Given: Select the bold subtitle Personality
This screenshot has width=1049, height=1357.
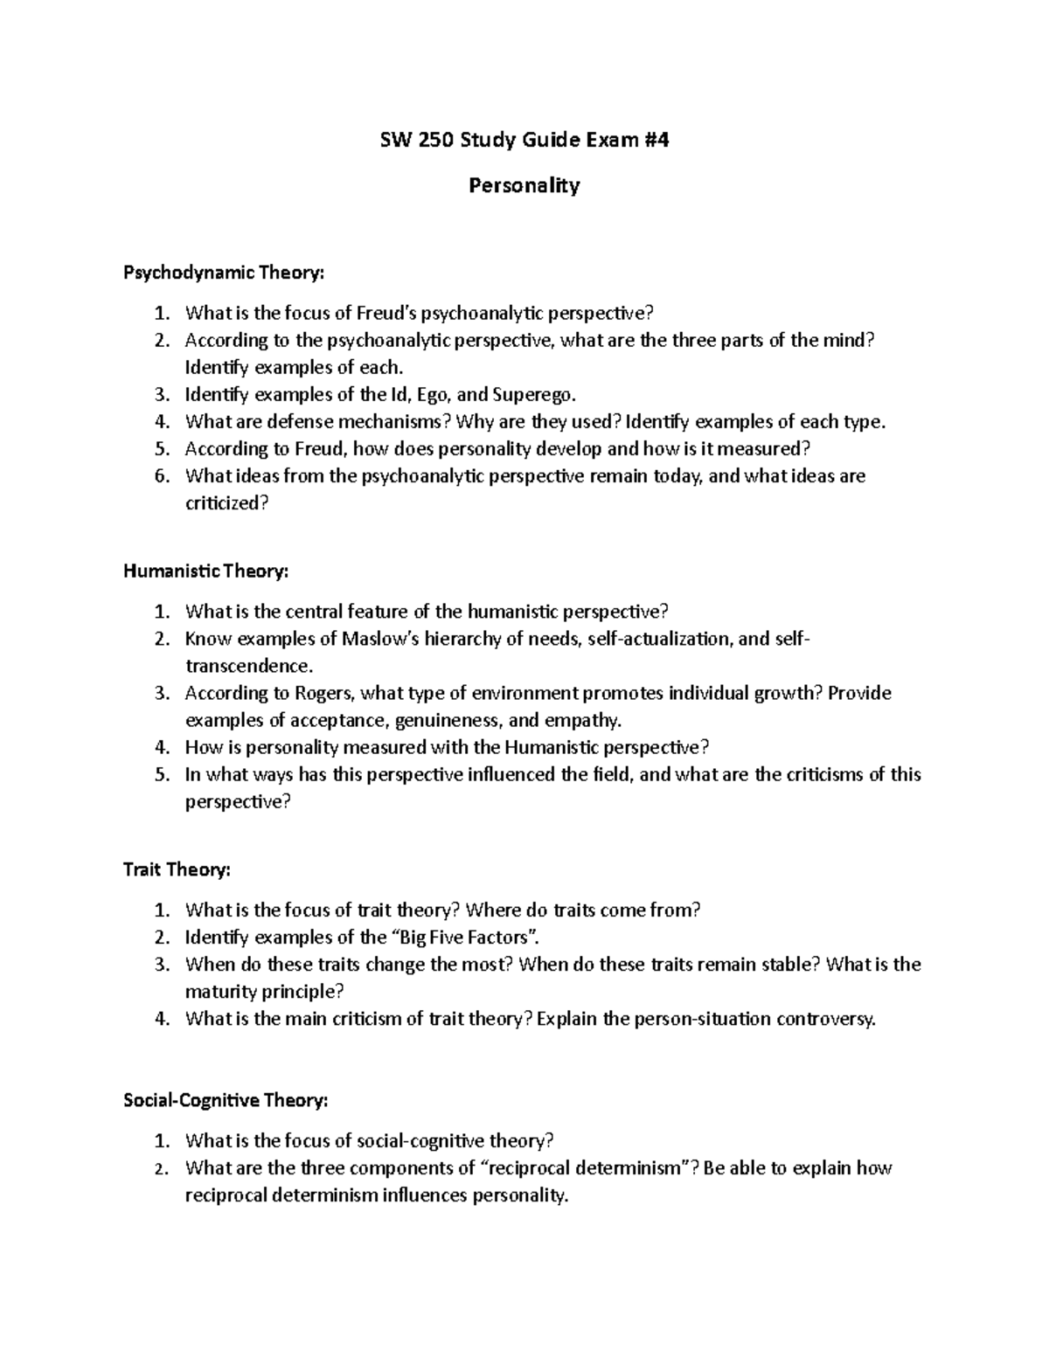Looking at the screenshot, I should [524, 185].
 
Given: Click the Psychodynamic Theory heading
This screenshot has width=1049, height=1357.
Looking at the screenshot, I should [224, 273].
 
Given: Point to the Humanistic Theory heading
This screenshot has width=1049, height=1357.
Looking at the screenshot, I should [205, 571].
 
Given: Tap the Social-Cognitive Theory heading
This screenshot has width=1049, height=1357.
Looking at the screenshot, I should [226, 1101].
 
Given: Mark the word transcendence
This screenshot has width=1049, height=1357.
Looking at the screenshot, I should [247, 666].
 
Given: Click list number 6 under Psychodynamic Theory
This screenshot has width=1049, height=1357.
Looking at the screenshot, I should [160, 476].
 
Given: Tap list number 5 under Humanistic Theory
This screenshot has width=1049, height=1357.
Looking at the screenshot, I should [160, 774].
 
